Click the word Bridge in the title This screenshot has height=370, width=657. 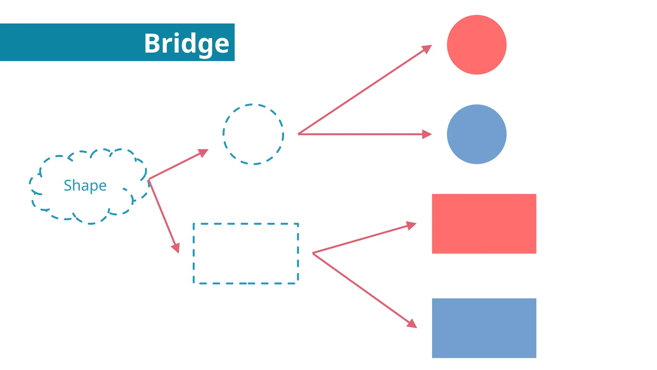point(186,43)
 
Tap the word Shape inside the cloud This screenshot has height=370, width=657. point(85,185)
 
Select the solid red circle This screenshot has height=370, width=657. point(476,45)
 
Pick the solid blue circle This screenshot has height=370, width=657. point(476,134)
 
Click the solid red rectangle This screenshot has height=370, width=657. point(484,224)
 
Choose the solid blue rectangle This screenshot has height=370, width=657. point(484,328)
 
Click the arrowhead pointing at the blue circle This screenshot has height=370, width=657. point(427,134)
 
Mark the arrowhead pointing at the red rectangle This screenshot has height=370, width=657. point(411,225)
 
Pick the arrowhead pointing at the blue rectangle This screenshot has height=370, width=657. point(412,324)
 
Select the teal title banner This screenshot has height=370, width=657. point(71,42)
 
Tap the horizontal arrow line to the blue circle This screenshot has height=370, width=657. point(359,134)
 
